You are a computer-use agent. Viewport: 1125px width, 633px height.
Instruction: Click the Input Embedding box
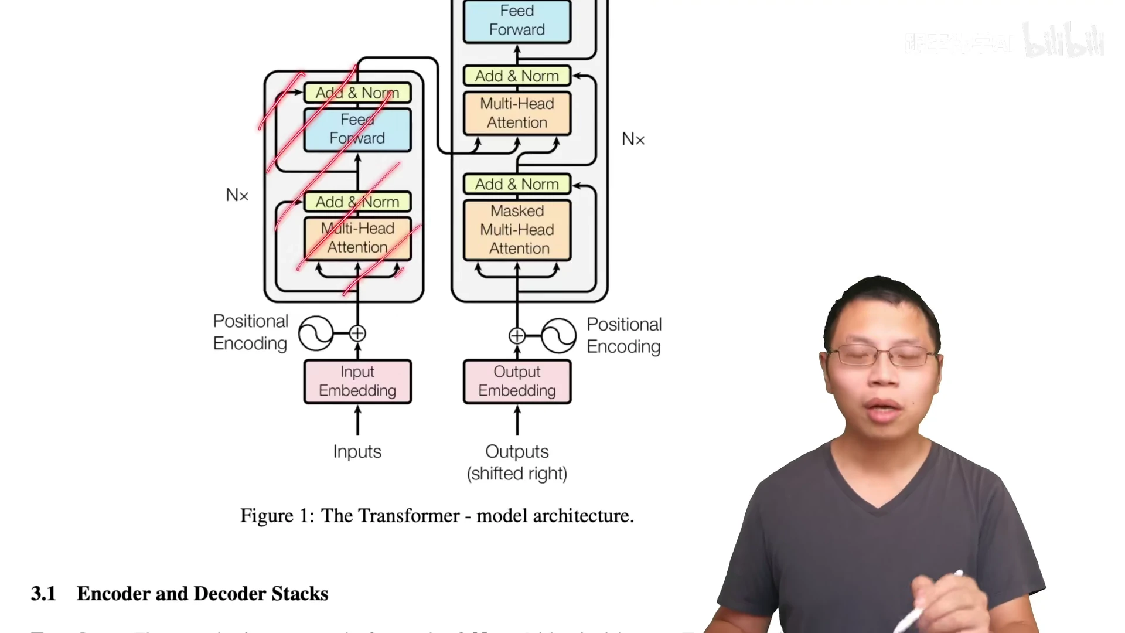[x=357, y=382]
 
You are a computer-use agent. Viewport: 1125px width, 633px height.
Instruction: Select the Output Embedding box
[x=517, y=382]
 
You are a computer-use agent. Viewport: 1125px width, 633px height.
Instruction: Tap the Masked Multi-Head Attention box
[x=517, y=230]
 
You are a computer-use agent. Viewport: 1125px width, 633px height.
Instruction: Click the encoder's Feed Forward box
[x=357, y=130]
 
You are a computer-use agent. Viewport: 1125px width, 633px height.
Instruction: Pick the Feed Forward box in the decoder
[x=517, y=21]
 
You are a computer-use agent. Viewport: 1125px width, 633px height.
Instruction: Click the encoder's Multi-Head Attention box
[x=357, y=238]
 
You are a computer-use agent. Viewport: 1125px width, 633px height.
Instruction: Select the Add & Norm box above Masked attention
[x=517, y=184]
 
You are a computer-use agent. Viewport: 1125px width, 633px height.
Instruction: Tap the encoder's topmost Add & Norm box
[x=357, y=93]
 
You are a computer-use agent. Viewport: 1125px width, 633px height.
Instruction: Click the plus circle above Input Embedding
[x=357, y=333]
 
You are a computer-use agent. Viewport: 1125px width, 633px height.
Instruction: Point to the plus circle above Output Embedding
[x=517, y=336]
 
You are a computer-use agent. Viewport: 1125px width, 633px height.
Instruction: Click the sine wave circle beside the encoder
[x=316, y=333]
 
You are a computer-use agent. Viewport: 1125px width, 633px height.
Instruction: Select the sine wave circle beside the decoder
[x=558, y=336]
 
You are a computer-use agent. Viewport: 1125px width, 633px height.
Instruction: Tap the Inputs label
[x=357, y=451]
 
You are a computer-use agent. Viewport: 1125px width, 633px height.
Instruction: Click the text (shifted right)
[x=517, y=474]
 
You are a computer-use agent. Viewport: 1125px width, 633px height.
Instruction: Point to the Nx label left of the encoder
[x=237, y=195]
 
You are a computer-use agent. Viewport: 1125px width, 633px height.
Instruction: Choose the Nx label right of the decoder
[x=633, y=139]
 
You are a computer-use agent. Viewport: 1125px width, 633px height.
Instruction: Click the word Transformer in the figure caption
[x=408, y=516]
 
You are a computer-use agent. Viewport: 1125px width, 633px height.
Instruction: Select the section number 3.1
[x=43, y=594]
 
